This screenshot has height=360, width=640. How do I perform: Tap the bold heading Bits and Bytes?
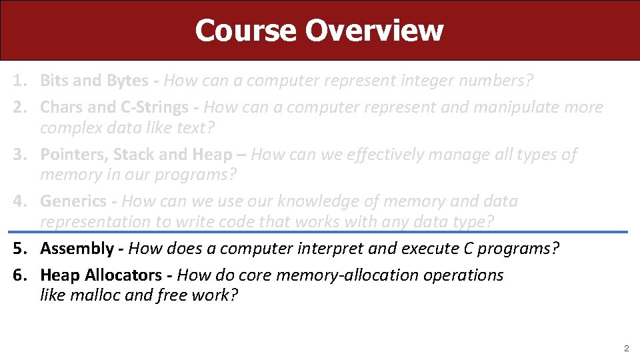(x=94, y=81)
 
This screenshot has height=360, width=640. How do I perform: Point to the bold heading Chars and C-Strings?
(x=114, y=107)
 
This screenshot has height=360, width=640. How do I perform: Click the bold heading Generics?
(x=73, y=201)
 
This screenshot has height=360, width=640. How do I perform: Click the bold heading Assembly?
(x=77, y=249)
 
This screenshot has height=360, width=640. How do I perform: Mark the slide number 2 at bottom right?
(x=625, y=348)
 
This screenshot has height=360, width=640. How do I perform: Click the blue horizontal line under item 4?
(x=320, y=232)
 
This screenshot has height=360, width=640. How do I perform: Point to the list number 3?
(x=19, y=155)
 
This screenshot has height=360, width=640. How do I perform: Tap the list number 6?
(x=19, y=275)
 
